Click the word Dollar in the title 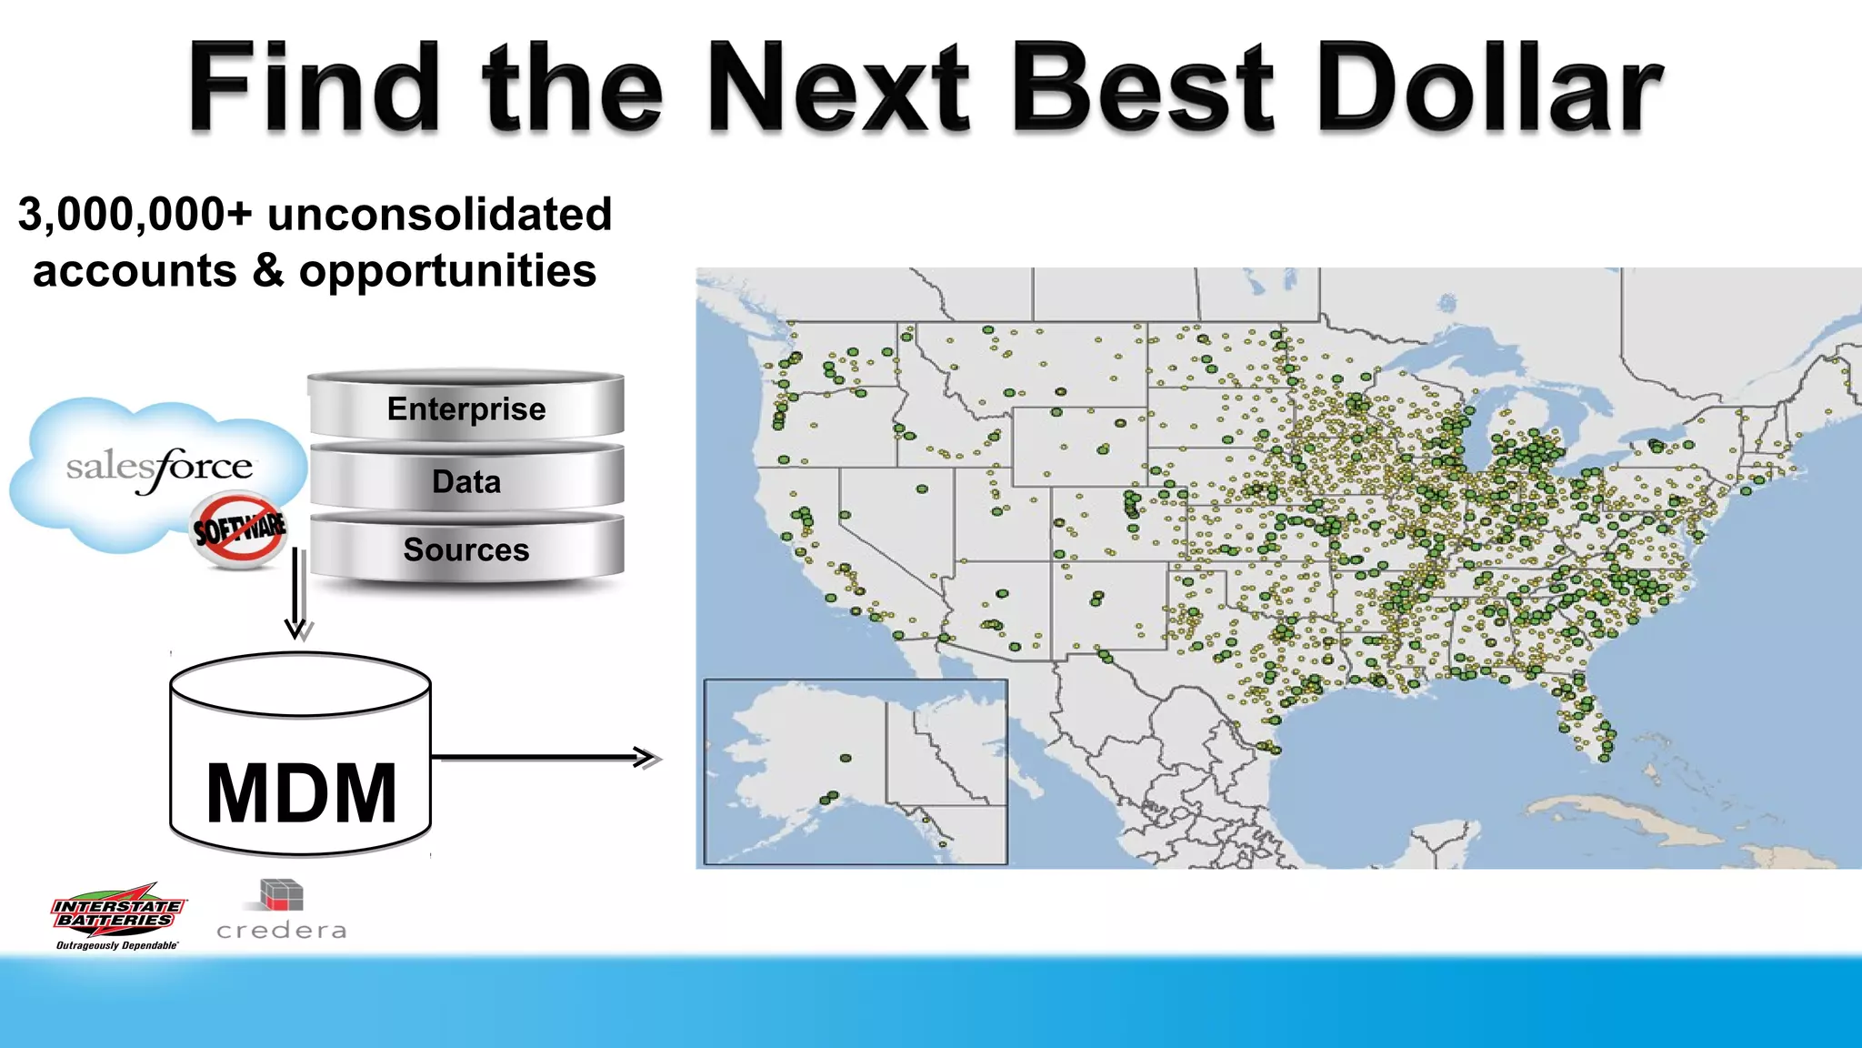pos(1488,88)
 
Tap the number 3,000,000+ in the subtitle pos(135,216)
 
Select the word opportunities pos(447,271)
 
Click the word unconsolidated pos(439,216)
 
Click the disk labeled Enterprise pos(466,408)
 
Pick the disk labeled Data pos(466,480)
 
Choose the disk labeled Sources pos(466,549)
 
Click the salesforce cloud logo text pos(159,469)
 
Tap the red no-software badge pos(239,529)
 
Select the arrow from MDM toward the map pos(546,757)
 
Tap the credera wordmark pos(282,931)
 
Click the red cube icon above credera pos(281,894)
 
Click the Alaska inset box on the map pos(855,771)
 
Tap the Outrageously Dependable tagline pos(116,945)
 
